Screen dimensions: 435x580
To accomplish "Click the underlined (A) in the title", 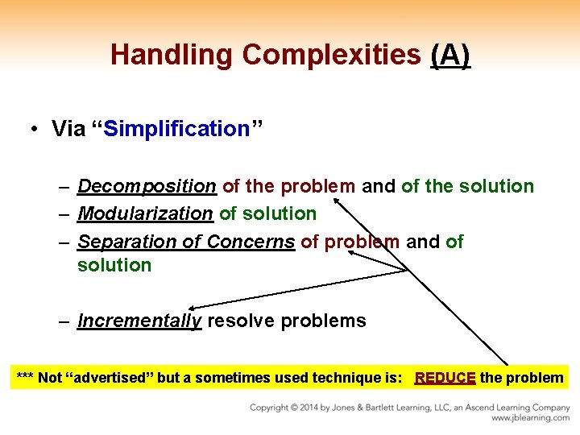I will coord(450,55).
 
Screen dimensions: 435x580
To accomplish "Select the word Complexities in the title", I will coord(331,55).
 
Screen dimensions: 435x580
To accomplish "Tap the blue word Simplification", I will coord(176,129).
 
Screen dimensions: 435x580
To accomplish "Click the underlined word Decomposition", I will coord(147,187).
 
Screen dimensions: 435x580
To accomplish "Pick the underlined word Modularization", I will coord(145,214).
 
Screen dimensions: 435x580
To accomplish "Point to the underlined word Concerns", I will coord(251,242).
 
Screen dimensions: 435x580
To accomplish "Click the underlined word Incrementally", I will coord(139,321).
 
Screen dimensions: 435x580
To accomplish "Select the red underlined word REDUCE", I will coord(445,378).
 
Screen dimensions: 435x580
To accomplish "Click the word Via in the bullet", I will coord(68,129).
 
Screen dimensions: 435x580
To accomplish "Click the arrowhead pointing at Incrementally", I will coord(194,306).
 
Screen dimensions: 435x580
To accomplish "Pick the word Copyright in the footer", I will coord(271,407).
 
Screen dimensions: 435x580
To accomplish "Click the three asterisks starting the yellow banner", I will coord(25,378).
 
